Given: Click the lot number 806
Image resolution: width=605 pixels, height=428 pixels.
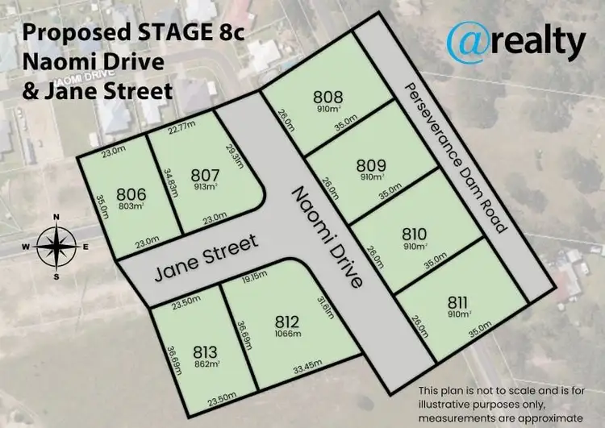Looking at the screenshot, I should coord(130,193).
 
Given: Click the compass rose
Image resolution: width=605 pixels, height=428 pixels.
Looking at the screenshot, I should coord(56,246).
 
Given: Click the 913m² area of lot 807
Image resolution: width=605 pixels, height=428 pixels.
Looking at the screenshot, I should coord(205,187).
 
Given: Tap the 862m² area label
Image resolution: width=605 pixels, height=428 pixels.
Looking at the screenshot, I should coord(207,364).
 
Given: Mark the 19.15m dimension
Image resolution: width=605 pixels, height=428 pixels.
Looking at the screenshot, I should coord(255,276).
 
